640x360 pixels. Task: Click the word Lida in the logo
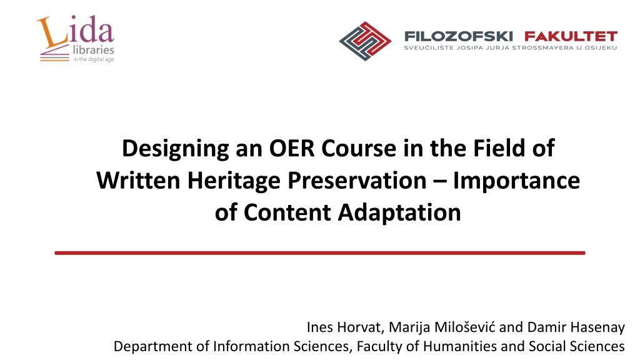[x=76, y=31]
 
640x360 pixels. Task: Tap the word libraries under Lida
[x=94, y=50]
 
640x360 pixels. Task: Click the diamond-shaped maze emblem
[x=365, y=41]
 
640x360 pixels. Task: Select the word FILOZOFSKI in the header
[x=458, y=36]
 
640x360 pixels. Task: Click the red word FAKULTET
[x=571, y=36]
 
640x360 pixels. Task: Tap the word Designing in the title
[x=175, y=149]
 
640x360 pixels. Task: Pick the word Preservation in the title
[x=357, y=180]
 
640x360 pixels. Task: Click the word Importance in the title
[x=516, y=181]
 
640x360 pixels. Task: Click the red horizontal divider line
[x=320, y=253]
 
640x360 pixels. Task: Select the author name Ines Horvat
[x=344, y=327]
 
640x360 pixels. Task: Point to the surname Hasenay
[x=597, y=327]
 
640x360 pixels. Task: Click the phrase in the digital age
[x=94, y=59]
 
